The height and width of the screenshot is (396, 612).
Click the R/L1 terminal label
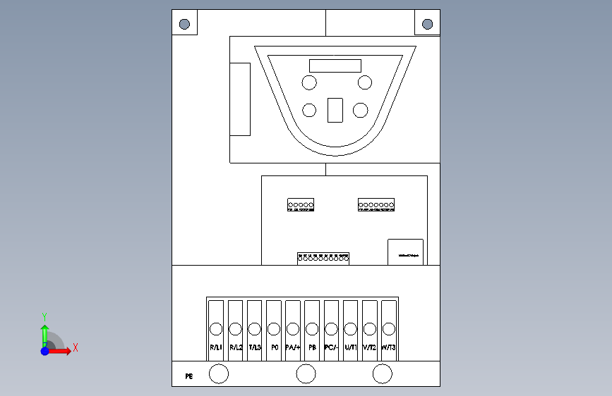(216, 347)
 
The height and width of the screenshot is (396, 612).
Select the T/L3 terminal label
(255, 347)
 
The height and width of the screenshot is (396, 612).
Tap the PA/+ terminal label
(293, 347)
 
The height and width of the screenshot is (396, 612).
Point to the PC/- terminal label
(331, 347)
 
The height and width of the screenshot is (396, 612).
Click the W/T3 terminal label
(389, 347)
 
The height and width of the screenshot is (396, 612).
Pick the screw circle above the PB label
(312, 328)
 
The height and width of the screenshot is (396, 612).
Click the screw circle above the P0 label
(274, 328)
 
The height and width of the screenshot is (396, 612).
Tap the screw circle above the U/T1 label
(350, 328)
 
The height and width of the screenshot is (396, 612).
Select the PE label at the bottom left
(189, 376)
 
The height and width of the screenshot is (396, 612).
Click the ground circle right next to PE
(220, 374)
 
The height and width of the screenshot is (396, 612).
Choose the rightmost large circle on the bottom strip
(382, 374)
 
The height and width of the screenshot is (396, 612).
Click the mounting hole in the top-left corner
(184, 24)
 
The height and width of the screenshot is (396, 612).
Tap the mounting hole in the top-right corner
(427, 24)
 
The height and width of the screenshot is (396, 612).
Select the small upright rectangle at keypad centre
(335, 110)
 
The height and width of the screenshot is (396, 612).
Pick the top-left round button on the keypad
(309, 83)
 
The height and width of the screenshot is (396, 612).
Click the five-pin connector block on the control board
(301, 205)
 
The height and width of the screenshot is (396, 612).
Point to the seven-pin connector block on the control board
(376, 205)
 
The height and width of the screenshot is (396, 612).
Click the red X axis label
(75, 347)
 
